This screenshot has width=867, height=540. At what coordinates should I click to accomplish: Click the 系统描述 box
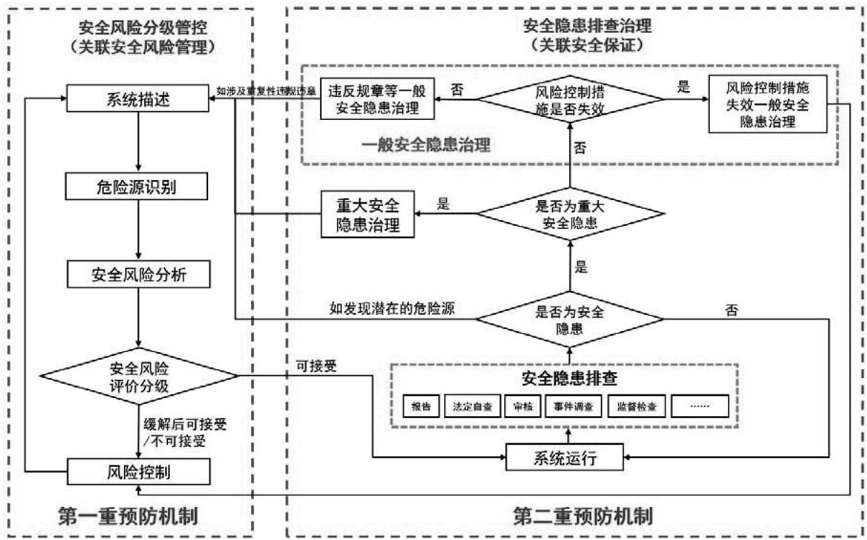point(138,99)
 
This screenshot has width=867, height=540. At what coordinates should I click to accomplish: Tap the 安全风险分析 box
point(138,273)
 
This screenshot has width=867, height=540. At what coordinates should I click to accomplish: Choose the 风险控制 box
point(138,472)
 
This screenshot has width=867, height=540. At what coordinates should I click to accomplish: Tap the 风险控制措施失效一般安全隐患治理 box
point(767,104)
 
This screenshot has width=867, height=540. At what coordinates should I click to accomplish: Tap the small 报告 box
point(420,407)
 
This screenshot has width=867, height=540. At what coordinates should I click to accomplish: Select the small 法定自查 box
point(472,407)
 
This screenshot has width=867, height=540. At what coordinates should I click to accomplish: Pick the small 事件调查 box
point(573,407)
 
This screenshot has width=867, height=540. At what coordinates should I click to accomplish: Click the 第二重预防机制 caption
point(582,515)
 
